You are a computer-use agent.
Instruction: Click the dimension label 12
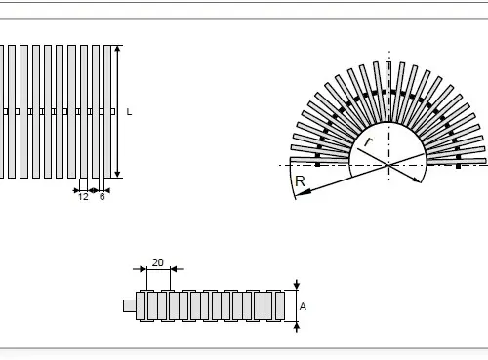(83, 197)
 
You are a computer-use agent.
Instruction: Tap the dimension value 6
(102, 197)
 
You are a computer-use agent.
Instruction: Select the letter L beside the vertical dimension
(129, 112)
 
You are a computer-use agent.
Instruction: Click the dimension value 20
(158, 262)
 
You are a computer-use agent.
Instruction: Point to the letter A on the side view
(303, 306)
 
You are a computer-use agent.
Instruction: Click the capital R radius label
(300, 181)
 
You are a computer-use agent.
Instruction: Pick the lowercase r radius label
(369, 142)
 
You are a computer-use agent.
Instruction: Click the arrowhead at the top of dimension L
(118, 49)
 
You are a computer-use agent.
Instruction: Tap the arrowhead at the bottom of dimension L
(118, 175)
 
